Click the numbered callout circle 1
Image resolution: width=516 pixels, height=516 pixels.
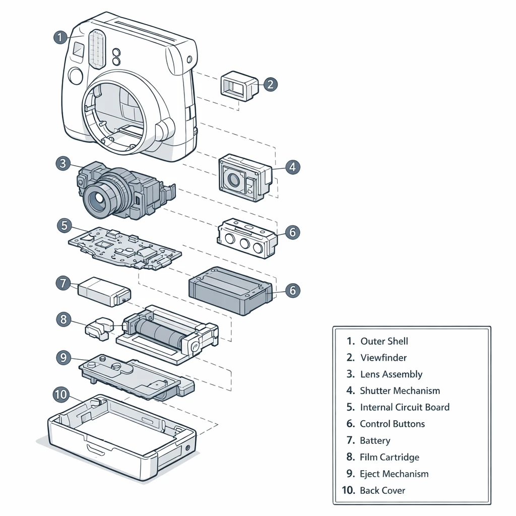click(x=59, y=37)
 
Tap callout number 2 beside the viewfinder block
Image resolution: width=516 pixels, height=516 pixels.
click(x=270, y=84)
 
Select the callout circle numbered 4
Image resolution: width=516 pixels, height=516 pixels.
click(x=292, y=167)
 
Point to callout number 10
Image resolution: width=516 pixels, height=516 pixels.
click(x=61, y=394)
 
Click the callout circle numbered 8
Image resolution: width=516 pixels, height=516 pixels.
click(x=63, y=319)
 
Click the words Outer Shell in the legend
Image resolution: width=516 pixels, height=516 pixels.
click(x=384, y=341)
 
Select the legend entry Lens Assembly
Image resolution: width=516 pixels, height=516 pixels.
click(x=391, y=374)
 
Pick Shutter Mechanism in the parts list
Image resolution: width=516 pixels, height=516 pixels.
click(x=400, y=391)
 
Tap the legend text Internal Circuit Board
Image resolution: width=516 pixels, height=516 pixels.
click(x=405, y=408)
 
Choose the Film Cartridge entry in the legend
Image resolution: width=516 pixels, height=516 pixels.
click(x=389, y=458)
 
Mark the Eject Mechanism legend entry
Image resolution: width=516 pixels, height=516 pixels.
click(x=394, y=474)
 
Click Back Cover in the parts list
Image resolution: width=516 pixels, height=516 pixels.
click(x=382, y=491)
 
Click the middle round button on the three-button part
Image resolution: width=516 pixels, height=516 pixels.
click(x=244, y=244)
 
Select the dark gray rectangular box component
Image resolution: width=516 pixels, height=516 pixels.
click(x=229, y=290)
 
